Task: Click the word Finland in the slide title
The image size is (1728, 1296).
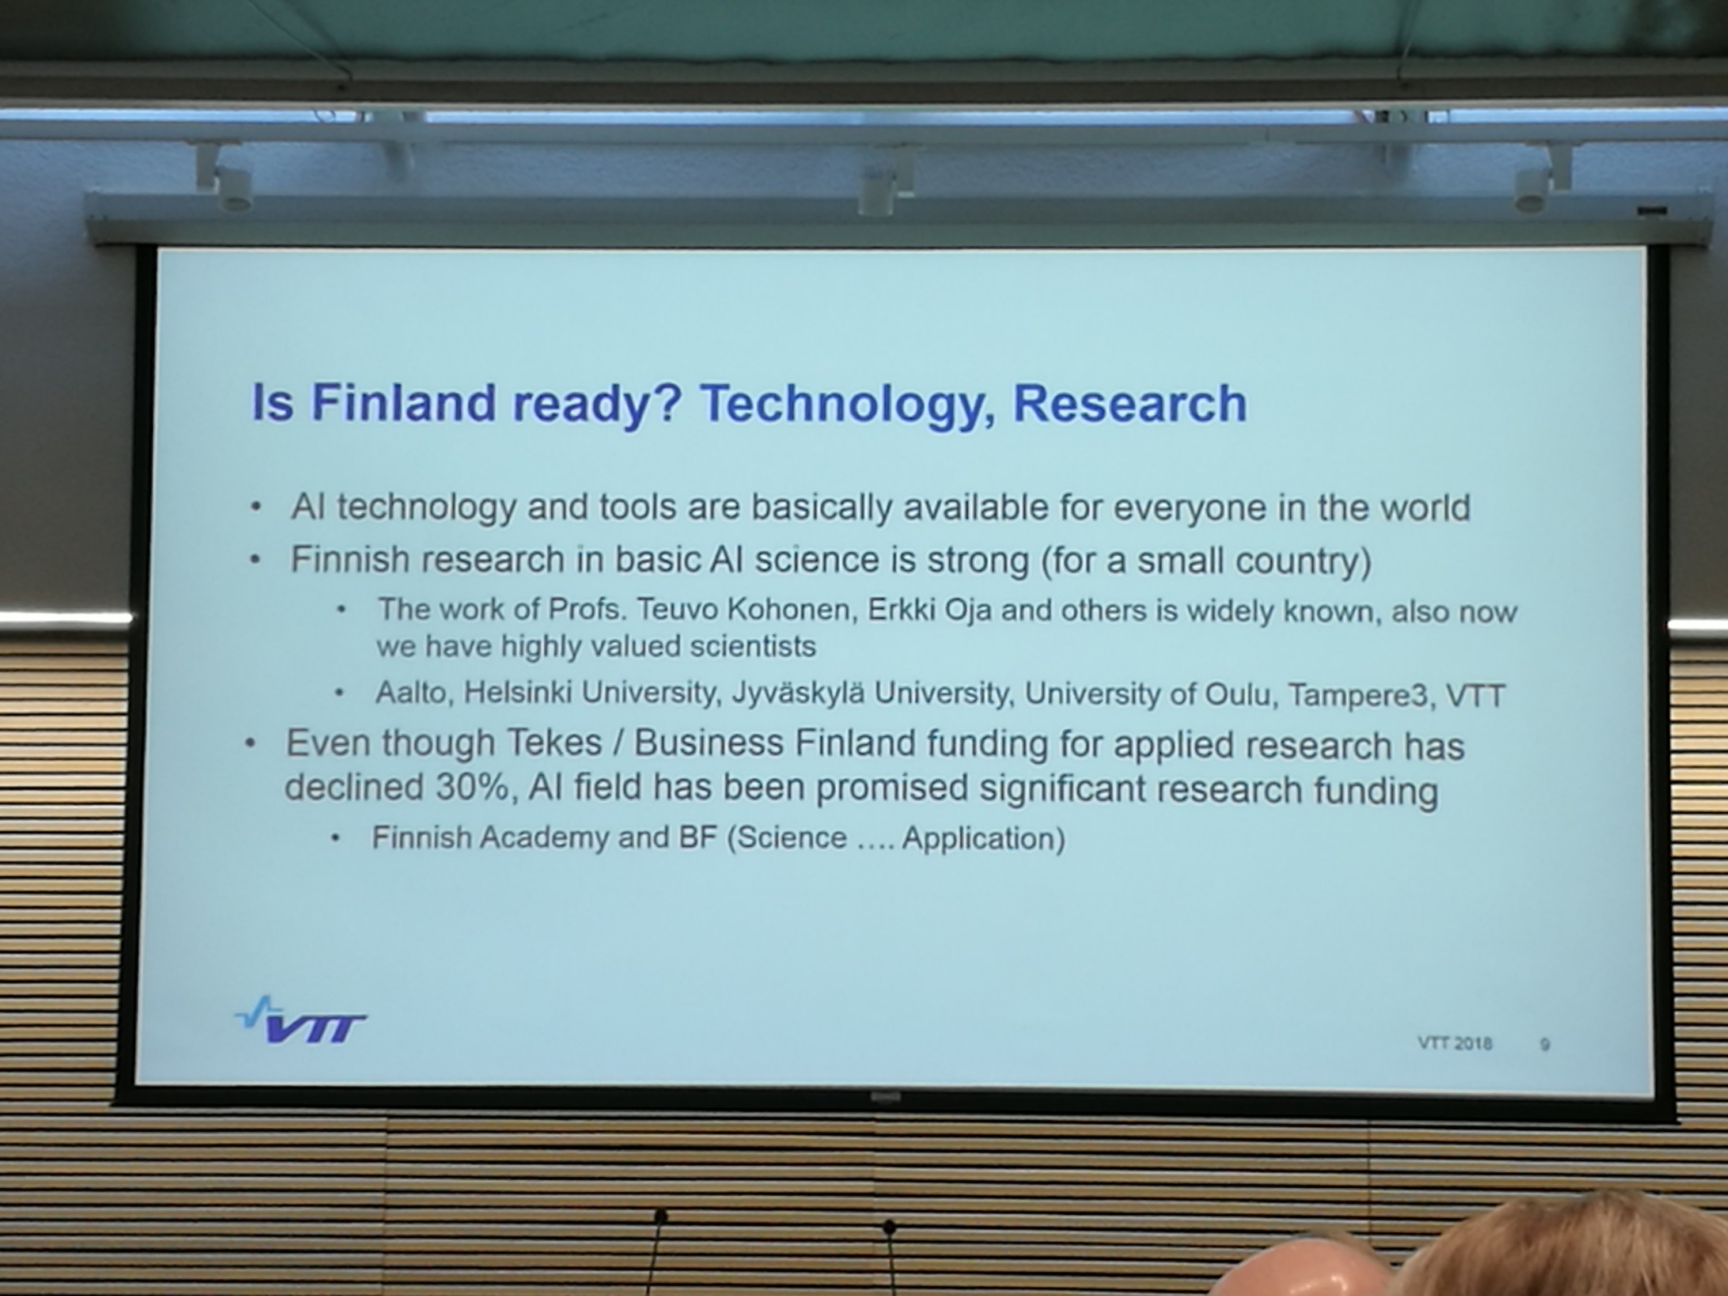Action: point(404,403)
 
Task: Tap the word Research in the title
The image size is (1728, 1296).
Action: point(1130,404)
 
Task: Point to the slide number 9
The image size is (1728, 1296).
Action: point(1544,1044)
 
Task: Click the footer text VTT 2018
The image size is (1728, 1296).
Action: point(1454,1043)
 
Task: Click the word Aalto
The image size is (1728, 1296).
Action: point(411,693)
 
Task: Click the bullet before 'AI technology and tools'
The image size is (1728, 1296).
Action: point(255,508)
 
